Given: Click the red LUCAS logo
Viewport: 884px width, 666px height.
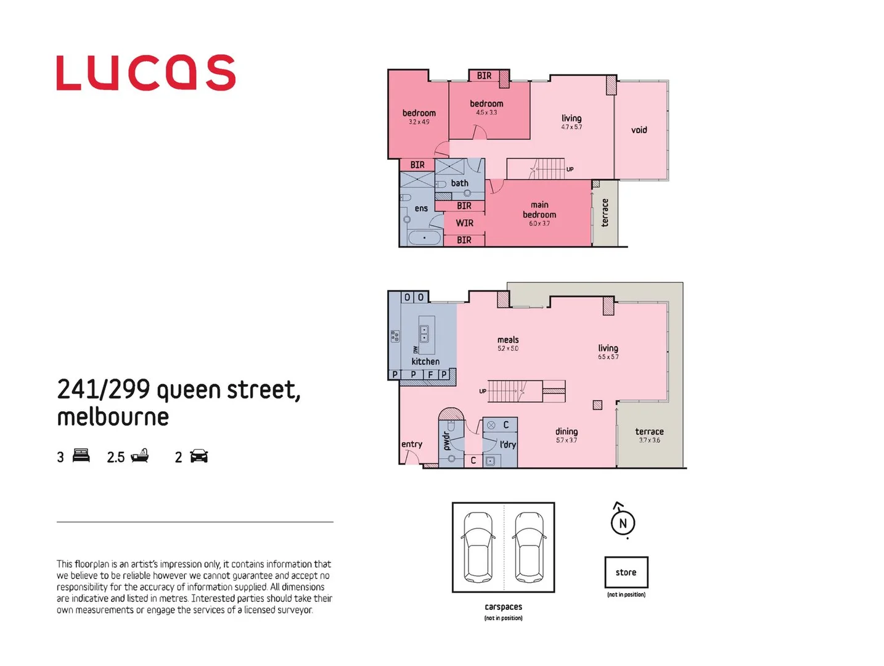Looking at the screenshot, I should pyautogui.click(x=145, y=73).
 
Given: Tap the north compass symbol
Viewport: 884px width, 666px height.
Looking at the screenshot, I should pyautogui.click(x=623, y=522).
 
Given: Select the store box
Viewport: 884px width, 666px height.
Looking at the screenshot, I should pyautogui.click(x=626, y=572).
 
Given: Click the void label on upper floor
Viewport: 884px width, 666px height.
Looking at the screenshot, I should pyautogui.click(x=639, y=130).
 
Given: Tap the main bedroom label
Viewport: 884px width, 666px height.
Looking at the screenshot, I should pyautogui.click(x=539, y=210).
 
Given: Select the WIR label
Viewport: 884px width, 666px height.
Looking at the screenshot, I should pyautogui.click(x=465, y=223).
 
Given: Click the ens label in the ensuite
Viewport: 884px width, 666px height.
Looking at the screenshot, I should pyautogui.click(x=421, y=208).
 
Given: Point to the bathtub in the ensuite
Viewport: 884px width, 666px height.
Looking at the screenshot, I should pyautogui.click(x=424, y=238).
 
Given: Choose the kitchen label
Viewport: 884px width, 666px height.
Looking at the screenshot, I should pyautogui.click(x=425, y=361).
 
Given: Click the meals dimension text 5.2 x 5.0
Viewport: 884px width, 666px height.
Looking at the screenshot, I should pyautogui.click(x=508, y=349).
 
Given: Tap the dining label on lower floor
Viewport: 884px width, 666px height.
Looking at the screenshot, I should pyautogui.click(x=567, y=432).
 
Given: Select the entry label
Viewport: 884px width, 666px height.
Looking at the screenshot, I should pyautogui.click(x=412, y=444).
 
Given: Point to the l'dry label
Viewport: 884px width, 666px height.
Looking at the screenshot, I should pyautogui.click(x=508, y=445).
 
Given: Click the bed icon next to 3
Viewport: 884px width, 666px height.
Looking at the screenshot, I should pyautogui.click(x=81, y=456).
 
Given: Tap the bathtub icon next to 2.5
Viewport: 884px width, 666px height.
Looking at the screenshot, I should pyautogui.click(x=139, y=456).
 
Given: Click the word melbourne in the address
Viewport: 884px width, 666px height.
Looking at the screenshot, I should pyautogui.click(x=113, y=417).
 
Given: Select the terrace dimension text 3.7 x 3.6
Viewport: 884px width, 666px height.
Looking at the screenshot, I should pyautogui.click(x=649, y=440).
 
